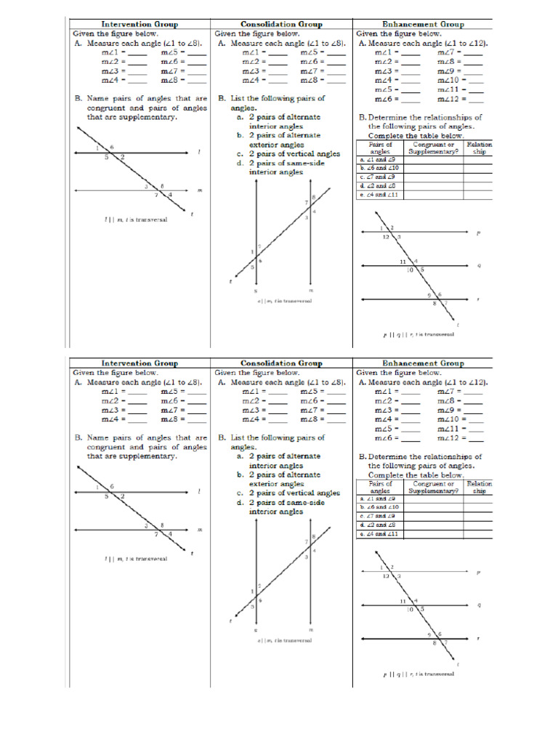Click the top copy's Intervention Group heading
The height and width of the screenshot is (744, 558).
point(139,24)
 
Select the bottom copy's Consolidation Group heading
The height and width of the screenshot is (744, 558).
point(281,363)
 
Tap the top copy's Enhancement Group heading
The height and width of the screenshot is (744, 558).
point(423,24)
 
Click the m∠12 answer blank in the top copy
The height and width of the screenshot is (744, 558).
point(476,100)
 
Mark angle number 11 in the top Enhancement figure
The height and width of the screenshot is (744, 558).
point(402,261)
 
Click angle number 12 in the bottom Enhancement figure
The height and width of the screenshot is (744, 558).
point(386,575)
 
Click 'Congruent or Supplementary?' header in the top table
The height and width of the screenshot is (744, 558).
point(433,147)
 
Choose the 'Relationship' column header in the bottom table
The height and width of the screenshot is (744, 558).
point(479,487)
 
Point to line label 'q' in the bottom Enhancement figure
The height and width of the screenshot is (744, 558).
point(479,604)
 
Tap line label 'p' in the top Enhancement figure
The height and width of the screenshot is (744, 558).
point(477,233)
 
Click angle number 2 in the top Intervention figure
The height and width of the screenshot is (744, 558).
point(122,157)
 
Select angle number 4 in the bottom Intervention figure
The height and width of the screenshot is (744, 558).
point(170,534)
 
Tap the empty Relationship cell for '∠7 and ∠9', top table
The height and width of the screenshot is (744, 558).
point(479,177)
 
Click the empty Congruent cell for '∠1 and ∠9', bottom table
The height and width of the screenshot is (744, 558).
point(433,498)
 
